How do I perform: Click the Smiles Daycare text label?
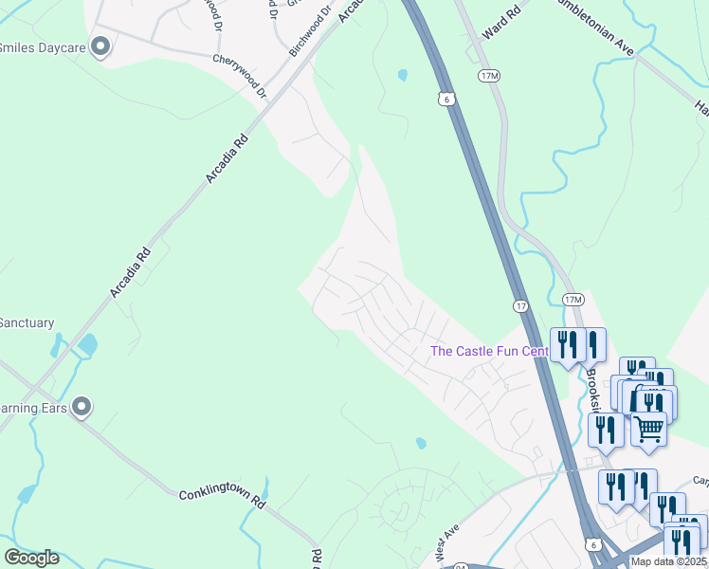42,46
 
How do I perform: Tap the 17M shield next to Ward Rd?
490,76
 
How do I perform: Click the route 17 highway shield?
521,306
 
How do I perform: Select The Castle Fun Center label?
489,352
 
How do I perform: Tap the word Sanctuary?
27,323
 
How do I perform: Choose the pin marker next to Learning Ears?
82,407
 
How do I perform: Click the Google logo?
31,558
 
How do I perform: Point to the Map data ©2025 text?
669,561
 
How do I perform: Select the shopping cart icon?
649,430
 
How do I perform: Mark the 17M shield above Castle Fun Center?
573,300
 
